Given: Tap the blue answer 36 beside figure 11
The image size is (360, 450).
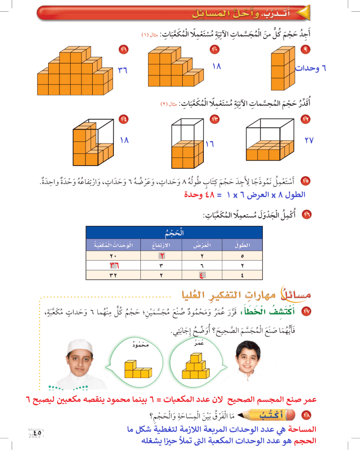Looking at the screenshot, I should (123, 70).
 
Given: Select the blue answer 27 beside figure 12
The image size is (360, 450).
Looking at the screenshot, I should (309, 140).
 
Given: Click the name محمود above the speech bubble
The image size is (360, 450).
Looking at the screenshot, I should (141, 344).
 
